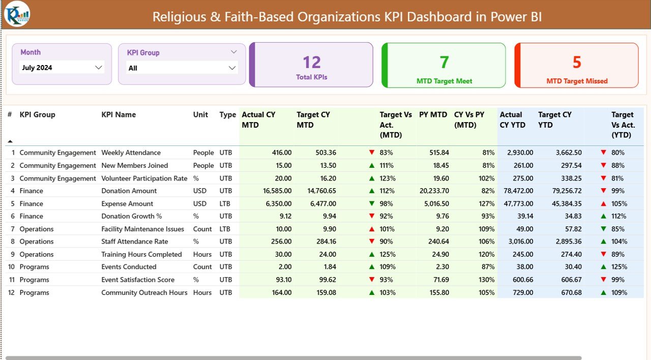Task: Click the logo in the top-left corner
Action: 17,14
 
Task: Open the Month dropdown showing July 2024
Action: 98,68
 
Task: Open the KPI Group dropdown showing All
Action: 232,68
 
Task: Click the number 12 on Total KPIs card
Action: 311,63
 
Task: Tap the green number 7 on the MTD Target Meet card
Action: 444,62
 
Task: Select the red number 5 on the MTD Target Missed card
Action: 577,62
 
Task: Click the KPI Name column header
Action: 119,115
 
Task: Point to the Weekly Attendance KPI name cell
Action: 131,153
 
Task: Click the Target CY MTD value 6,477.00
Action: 322,203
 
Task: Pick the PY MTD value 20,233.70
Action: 432,191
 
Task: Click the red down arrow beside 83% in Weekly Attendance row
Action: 372,153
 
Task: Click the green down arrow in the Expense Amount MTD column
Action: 372,203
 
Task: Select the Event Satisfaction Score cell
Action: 137,280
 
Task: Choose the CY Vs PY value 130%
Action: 486,280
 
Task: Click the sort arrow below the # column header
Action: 10,141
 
